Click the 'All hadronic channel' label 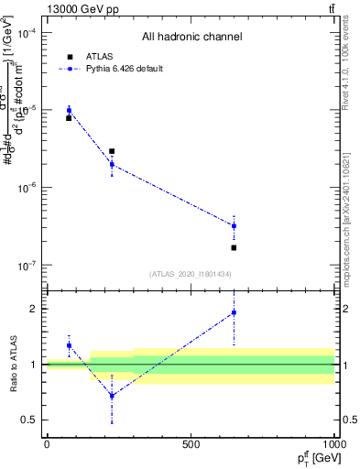tap(191, 38)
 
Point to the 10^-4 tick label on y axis tap(27, 33)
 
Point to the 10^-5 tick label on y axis tap(27, 110)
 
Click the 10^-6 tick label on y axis tap(27, 188)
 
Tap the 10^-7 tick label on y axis tap(27, 266)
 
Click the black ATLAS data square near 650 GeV tap(234, 247)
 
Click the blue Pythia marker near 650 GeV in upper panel tap(234, 225)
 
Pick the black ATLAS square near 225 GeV tap(112, 151)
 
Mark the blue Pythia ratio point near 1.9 tap(234, 312)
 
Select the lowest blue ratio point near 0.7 tap(112, 396)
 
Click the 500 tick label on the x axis tap(191, 444)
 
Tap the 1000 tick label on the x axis tap(333, 444)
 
